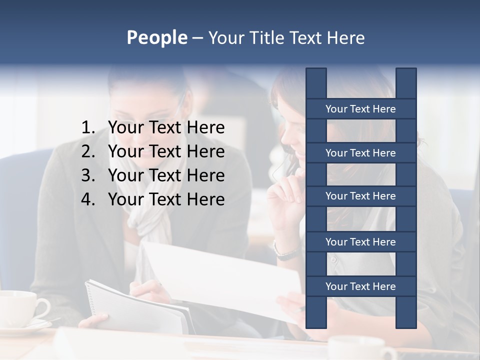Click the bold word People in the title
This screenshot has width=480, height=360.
click(156, 37)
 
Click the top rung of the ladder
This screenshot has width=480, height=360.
click(360, 109)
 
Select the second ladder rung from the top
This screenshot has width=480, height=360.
click(360, 153)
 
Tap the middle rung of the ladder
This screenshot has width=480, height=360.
click(360, 196)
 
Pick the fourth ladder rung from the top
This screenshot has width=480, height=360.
click(360, 242)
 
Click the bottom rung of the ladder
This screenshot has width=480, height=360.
click(360, 286)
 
